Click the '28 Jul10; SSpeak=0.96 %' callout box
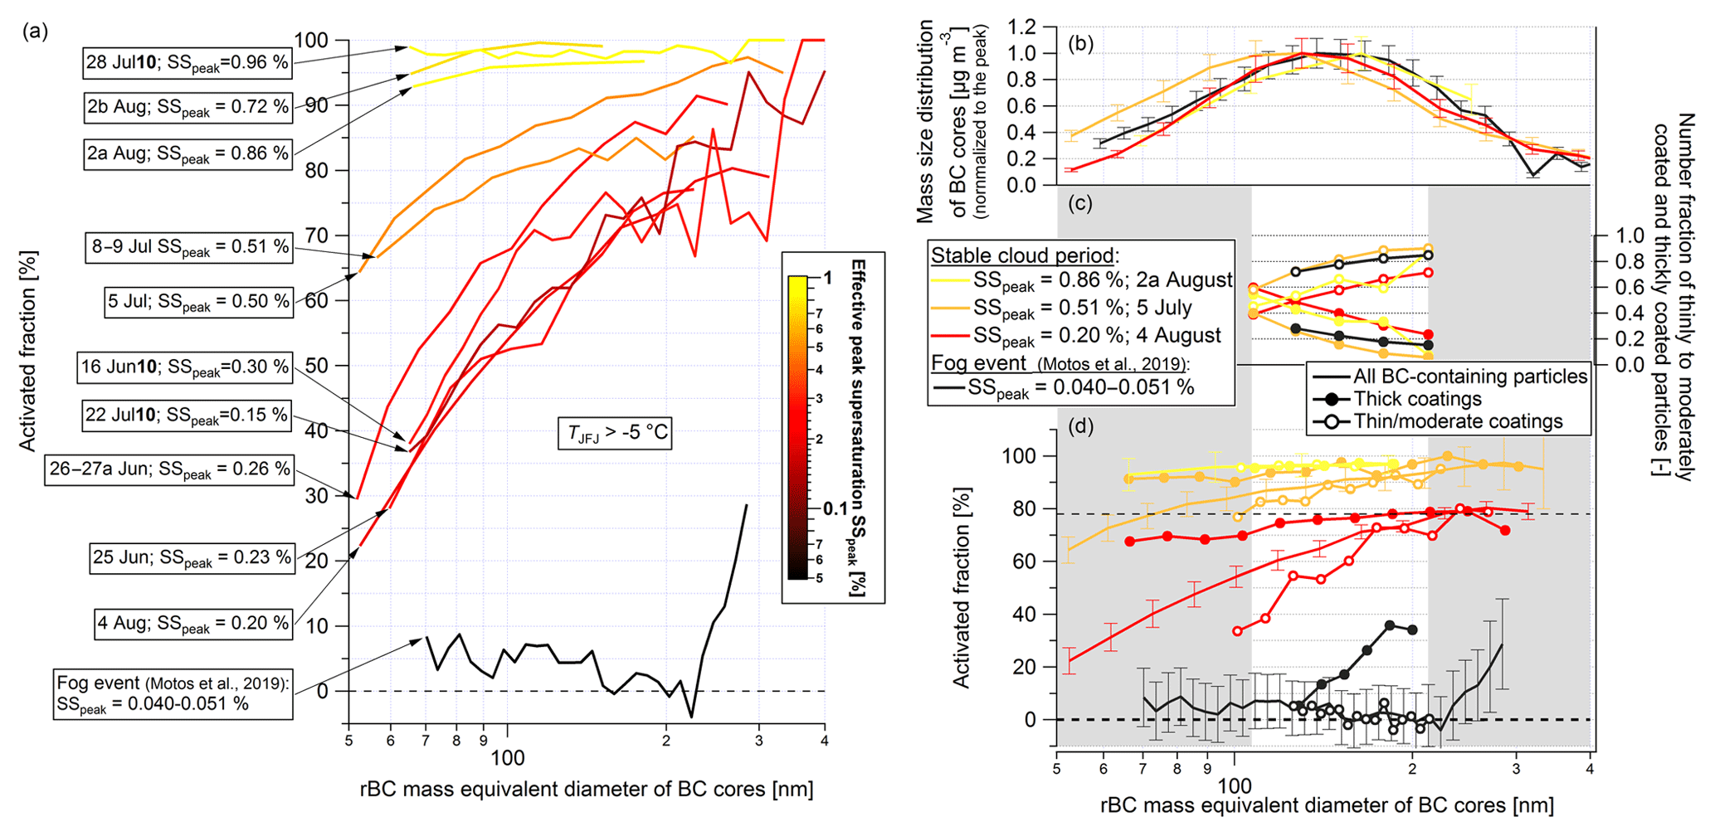[x=188, y=63]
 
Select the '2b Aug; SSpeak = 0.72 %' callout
[x=188, y=108]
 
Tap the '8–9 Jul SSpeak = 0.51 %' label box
[x=188, y=247]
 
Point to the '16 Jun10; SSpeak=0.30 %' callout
[x=185, y=367]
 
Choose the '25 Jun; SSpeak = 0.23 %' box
[x=192, y=557]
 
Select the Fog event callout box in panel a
[x=173, y=693]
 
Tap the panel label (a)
[x=36, y=32]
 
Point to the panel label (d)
[x=1080, y=426]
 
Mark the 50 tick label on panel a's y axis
[x=319, y=366]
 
